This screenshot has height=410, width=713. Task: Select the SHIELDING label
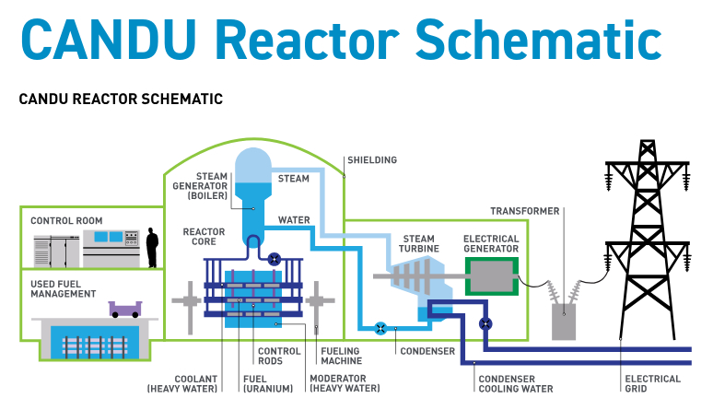click(x=371, y=160)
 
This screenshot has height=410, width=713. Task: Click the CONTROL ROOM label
click(x=66, y=221)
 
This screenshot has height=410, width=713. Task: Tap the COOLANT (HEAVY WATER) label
click(x=182, y=384)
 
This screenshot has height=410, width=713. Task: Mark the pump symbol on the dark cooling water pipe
click(x=485, y=323)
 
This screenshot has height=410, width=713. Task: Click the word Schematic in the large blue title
click(x=538, y=40)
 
